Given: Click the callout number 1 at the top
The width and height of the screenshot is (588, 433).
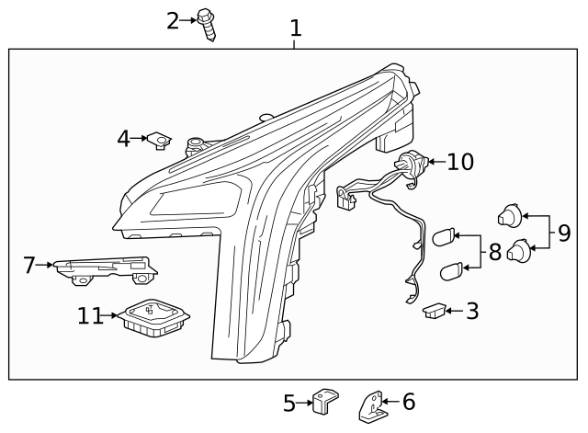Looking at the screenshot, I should pos(295,28).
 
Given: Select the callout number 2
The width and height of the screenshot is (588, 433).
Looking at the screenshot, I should pos(174,19).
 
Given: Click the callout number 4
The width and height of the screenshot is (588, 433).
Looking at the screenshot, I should pos(124,139).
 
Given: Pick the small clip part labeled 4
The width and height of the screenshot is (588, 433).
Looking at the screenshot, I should pos(161,141).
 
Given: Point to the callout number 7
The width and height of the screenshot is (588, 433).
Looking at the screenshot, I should pos(29,266).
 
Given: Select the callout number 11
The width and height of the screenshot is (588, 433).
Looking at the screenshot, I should pos(90,316).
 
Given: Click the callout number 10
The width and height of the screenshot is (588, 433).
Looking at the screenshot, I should pos(460,163).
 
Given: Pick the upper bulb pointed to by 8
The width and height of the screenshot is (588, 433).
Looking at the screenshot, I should pos(444,237).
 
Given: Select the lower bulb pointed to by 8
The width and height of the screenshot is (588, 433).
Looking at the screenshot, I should pos(452,270).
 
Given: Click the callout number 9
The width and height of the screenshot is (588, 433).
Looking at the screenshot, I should pos(564,234).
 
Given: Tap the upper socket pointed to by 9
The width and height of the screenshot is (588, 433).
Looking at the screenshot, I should pos(509,216).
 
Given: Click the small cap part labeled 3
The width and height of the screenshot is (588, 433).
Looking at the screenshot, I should pos(434,313).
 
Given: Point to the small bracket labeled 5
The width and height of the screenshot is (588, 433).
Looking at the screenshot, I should pos(324,401).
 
